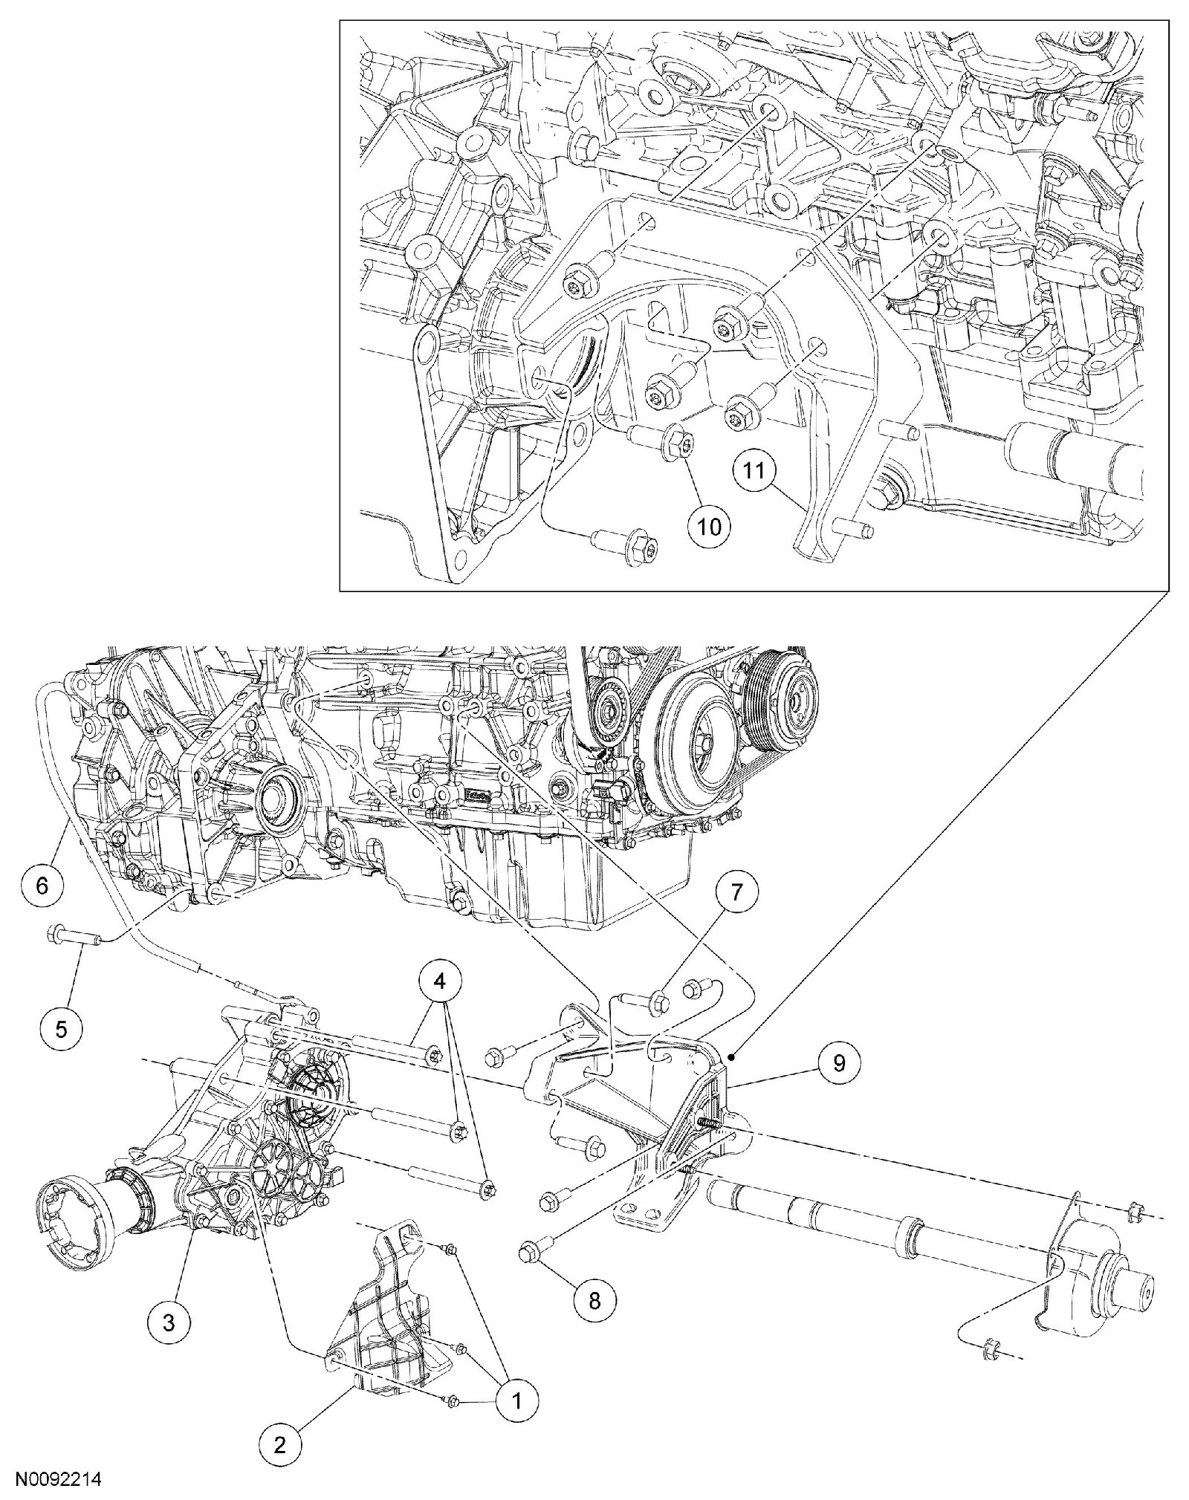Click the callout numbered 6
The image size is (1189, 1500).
click(41, 885)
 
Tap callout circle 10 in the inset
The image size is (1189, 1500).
click(709, 525)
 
